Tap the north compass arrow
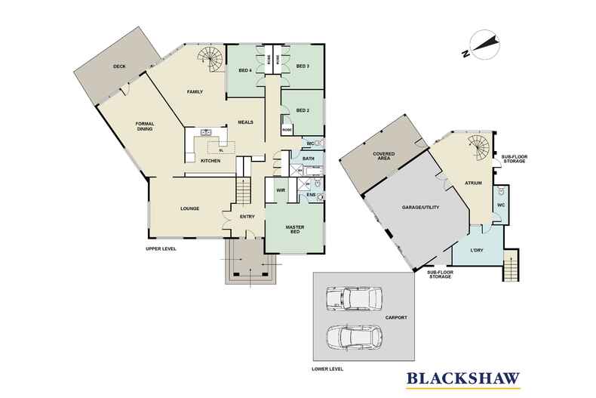(x=484, y=45)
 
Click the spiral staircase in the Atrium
(x=477, y=147)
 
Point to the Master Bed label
(x=295, y=230)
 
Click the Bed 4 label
(x=245, y=70)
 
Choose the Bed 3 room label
(x=303, y=66)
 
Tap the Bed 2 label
(x=303, y=110)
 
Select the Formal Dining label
(x=145, y=126)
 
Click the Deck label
(x=119, y=66)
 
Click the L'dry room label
(x=477, y=250)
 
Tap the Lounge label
(x=189, y=208)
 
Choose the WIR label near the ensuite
(x=280, y=190)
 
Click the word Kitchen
(x=210, y=161)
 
